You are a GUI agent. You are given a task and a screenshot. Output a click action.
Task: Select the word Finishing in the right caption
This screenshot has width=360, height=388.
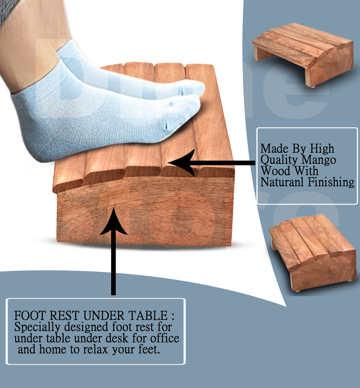click(x=331, y=182)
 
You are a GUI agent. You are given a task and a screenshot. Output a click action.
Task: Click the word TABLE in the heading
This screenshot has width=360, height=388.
click(x=148, y=316)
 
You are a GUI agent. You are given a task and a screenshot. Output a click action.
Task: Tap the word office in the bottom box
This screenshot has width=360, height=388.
click(x=165, y=338)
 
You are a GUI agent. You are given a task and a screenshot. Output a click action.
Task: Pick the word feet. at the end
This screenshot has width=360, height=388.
click(x=149, y=350)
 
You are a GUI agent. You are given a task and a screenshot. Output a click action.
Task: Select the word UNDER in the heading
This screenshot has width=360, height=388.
click(x=104, y=316)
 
